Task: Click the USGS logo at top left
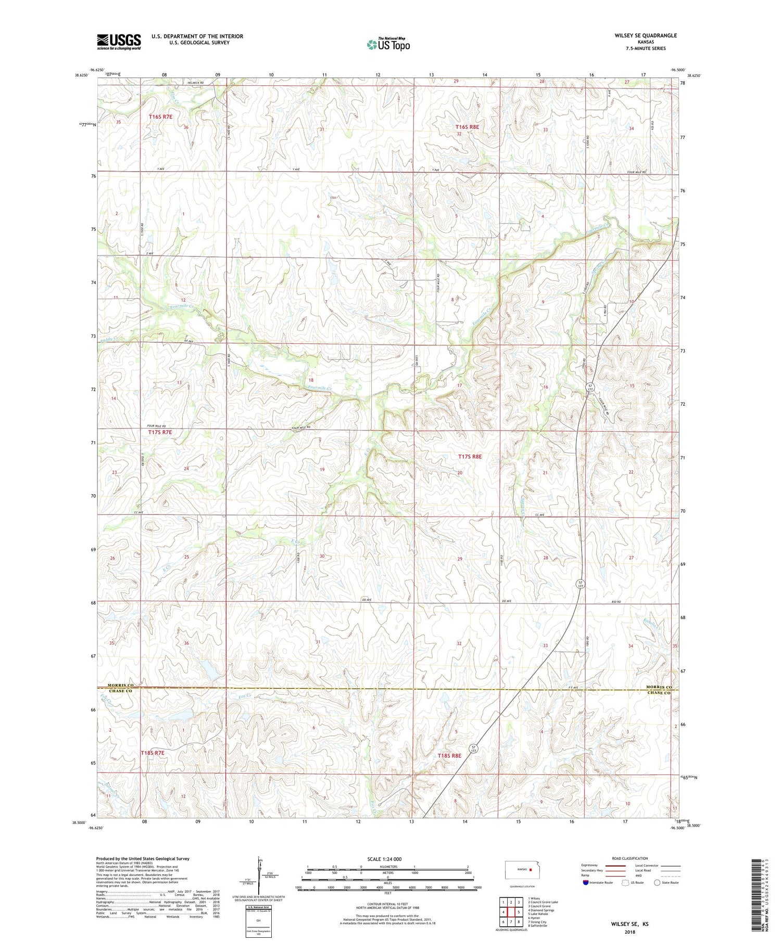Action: click(x=118, y=42)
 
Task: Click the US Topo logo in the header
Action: click(x=388, y=45)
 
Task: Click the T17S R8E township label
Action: click(x=470, y=456)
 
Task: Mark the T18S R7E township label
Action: click(x=152, y=753)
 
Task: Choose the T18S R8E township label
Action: click(x=449, y=755)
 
